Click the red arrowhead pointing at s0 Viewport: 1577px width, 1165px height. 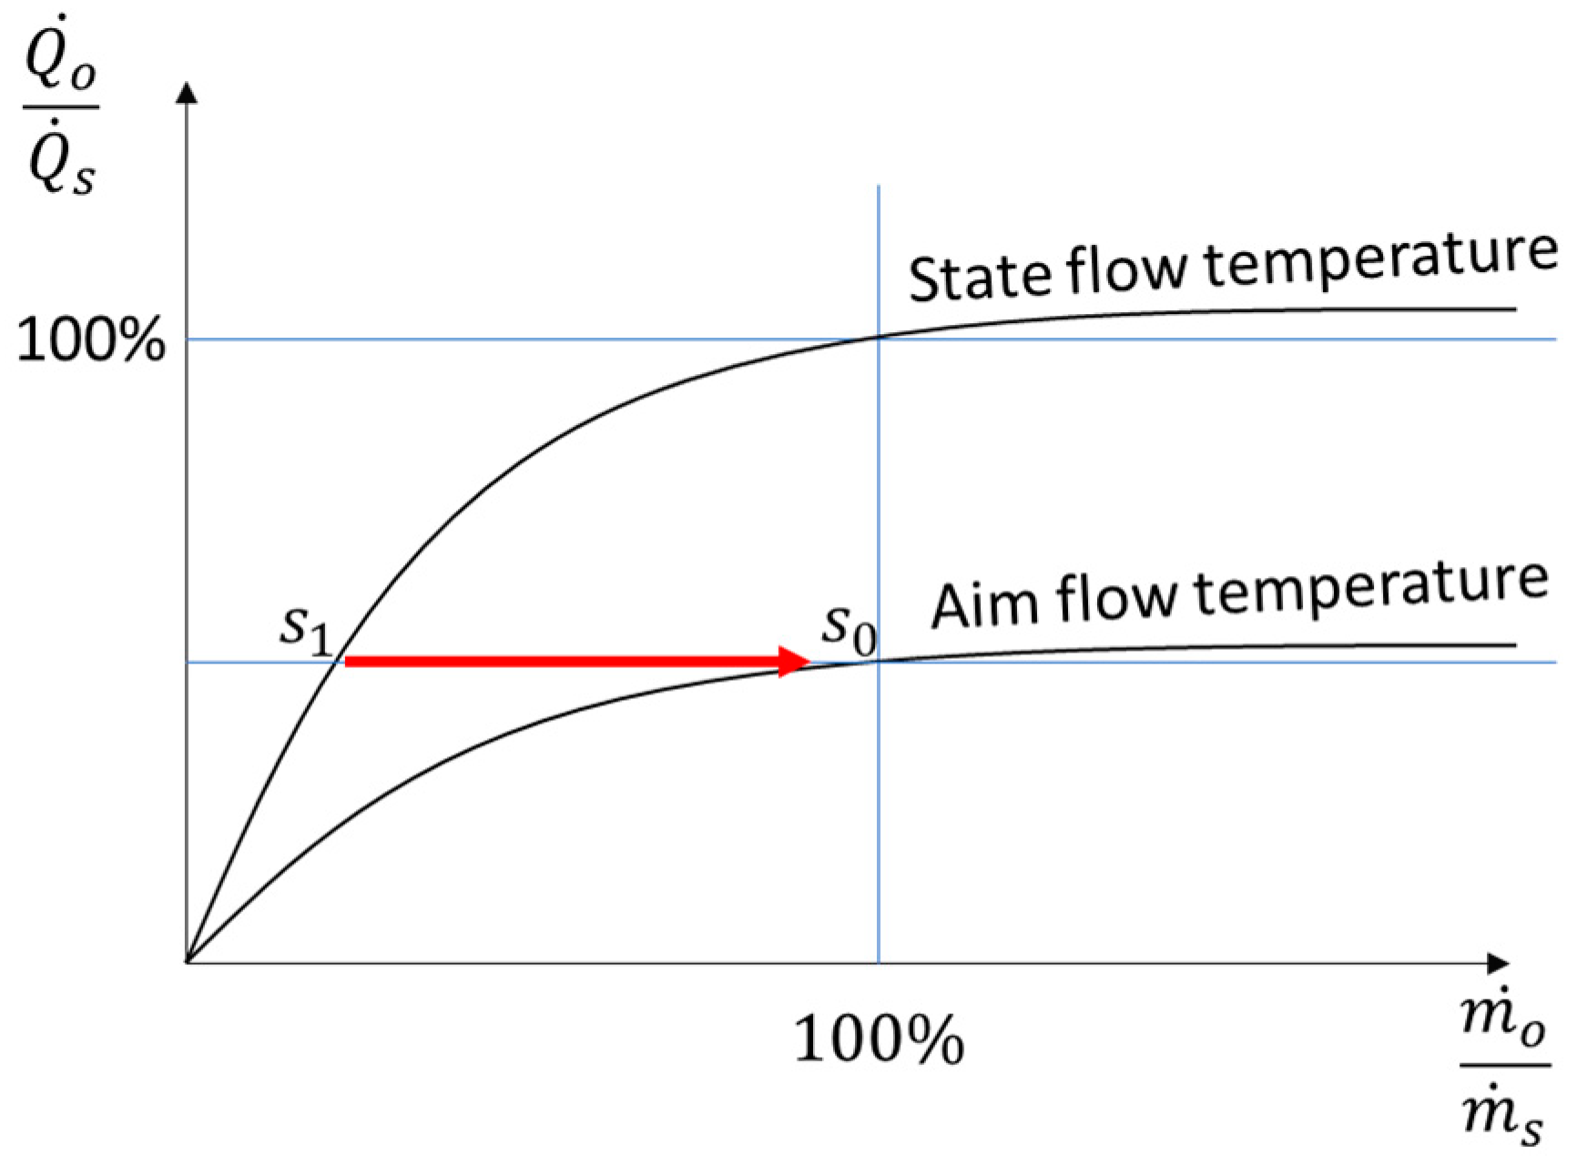[794, 661]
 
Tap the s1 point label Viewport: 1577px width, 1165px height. [305, 628]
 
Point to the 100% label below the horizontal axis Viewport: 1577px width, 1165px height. [879, 1039]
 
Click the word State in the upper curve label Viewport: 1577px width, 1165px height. [978, 276]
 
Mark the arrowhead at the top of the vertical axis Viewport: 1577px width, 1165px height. [187, 91]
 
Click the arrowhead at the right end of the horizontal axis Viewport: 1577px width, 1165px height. [1498, 962]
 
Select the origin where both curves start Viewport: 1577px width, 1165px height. [187, 962]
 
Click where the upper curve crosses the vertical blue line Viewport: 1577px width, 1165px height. [879, 337]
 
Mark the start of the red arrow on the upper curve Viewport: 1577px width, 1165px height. [346, 661]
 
